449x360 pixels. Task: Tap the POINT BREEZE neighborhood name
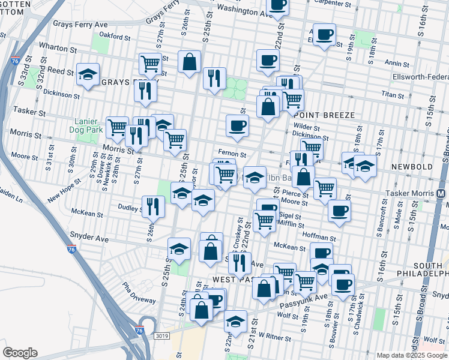click(317, 115)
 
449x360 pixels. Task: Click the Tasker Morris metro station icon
click(441, 193)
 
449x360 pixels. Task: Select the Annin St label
click(397, 63)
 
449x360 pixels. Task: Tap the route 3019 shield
click(161, 336)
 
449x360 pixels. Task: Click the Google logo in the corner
click(20, 352)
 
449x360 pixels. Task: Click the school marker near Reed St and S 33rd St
click(88, 74)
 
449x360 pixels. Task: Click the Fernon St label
click(232, 154)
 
